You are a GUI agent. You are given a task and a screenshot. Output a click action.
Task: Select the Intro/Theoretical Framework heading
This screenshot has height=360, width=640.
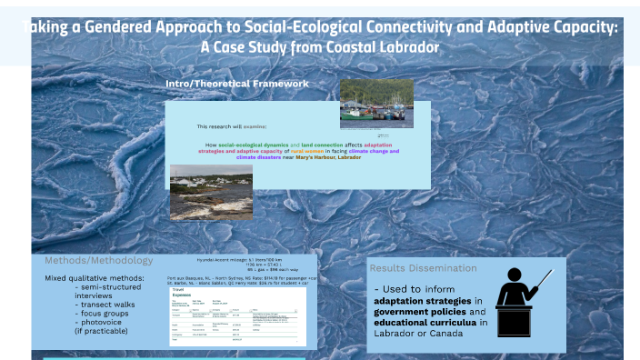[236, 84]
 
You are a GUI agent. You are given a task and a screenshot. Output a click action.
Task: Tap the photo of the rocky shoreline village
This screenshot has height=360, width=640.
[198, 190]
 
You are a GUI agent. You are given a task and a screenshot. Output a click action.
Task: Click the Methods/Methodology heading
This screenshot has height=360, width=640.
[98, 260]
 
